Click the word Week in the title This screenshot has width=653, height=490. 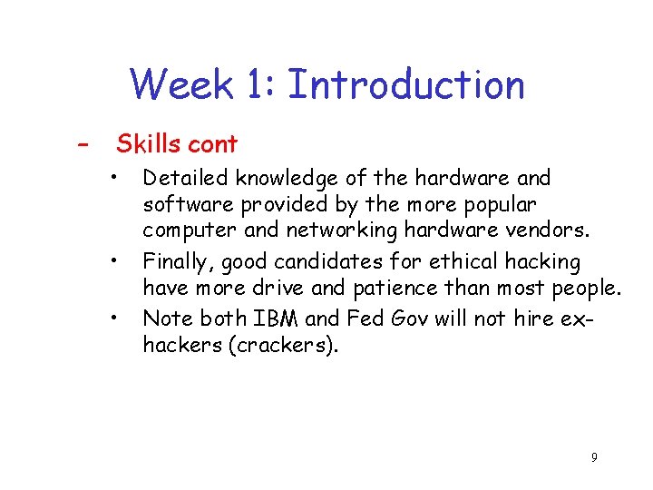(180, 85)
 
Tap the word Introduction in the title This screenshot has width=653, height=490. (405, 85)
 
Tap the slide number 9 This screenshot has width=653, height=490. (594, 457)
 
